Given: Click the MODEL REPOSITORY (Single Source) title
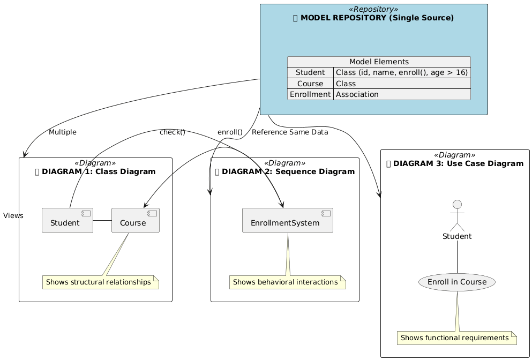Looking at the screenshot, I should point(373,18).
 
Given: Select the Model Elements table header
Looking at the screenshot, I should point(379,62).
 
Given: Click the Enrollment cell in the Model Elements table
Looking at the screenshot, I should point(310,94).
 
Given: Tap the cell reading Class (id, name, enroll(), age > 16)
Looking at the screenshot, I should point(401,72).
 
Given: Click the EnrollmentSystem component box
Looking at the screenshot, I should point(288,220).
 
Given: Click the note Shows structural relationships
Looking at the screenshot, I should point(101,282).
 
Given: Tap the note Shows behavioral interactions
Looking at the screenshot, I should point(288,282).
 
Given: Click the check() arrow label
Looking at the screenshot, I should point(173,132).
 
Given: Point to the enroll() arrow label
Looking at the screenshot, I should point(230,132).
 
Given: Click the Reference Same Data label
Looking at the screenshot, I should point(290,132).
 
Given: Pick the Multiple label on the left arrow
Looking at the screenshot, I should point(62,132).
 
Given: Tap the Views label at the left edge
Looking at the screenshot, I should point(13,216).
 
